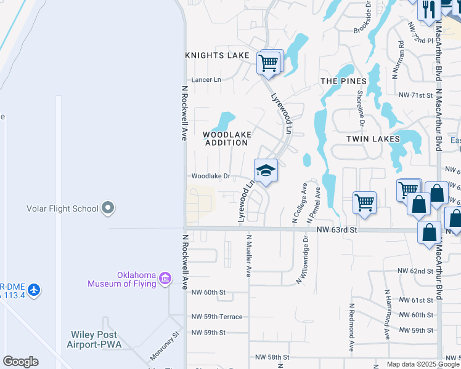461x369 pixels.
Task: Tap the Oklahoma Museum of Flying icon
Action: click(x=165, y=279)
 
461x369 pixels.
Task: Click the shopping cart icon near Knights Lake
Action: click(x=268, y=62)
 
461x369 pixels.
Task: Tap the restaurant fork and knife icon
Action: click(x=428, y=9)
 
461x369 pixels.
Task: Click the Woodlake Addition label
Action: click(x=226, y=138)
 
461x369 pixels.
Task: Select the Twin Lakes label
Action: click(x=369, y=140)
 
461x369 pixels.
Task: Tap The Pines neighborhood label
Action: click(x=343, y=81)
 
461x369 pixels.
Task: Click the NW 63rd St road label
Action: click(x=337, y=230)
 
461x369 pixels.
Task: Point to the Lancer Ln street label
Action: click(x=206, y=80)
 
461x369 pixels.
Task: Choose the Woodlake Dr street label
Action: click(x=210, y=177)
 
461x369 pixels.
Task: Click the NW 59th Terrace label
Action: click(x=217, y=317)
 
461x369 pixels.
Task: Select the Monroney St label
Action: click(x=164, y=347)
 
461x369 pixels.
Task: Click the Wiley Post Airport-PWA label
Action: click(x=94, y=339)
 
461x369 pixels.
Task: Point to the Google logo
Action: click(x=20, y=362)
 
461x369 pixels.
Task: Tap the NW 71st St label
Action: click(x=416, y=95)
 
